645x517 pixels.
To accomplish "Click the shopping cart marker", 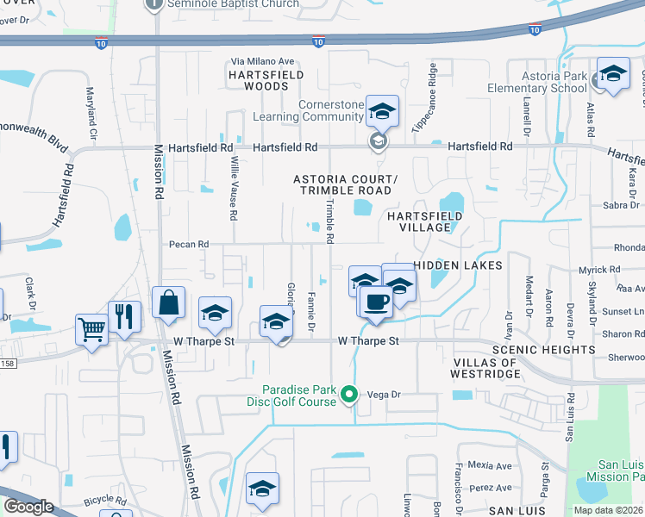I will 91,328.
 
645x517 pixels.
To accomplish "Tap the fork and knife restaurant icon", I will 124,317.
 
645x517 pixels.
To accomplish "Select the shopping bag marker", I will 168,304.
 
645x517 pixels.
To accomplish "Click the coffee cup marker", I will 375,303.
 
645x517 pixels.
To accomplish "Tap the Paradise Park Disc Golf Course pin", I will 349,396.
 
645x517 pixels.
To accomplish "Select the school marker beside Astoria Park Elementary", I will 613,75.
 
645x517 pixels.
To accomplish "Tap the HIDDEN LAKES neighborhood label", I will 457,265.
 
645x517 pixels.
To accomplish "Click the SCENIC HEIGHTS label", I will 543,350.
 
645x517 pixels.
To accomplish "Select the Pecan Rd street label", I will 189,245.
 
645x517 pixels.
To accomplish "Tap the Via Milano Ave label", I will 262,62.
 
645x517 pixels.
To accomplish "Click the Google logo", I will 28,507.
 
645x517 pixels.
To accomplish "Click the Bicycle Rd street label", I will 104,500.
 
